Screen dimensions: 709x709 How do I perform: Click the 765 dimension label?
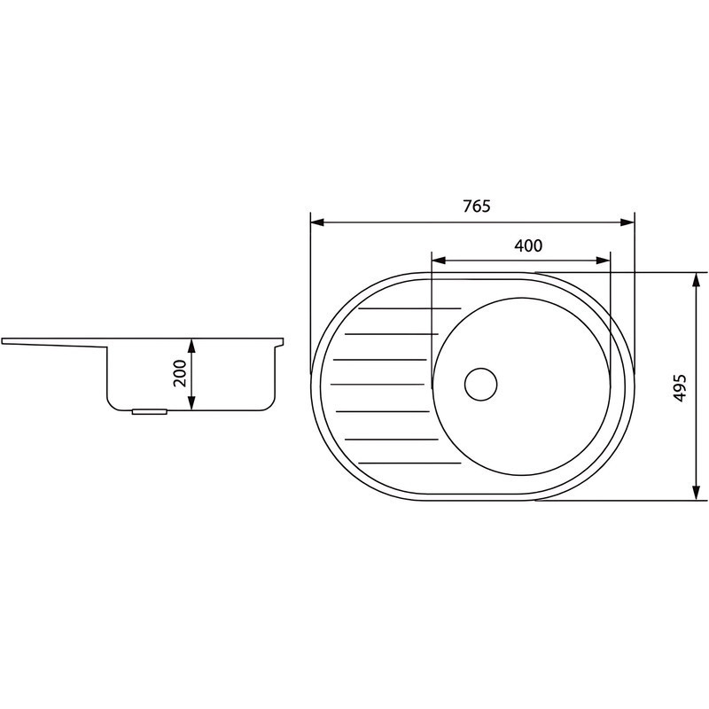pyautogui.click(x=477, y=206)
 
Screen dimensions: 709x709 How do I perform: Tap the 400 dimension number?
pyautogui.click(x=528, y=245)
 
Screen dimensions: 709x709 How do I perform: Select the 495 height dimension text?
pyautogui.click(x=680, y=387)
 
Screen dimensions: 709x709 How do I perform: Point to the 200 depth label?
pyautogui.click(x=180, y=373)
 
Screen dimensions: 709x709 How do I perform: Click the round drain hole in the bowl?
pyautogui.click(x=480, y=384)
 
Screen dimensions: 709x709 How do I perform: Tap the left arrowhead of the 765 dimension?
pyautogui.click(x=317, y=222)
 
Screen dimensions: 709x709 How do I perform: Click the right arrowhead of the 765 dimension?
pyautogui.click(x=627, y=222)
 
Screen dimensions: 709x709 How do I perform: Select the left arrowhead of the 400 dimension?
pyautogui.click(x=439, y=261)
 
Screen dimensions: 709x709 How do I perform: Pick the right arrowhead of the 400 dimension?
pyautogui.click(x=604, y=261)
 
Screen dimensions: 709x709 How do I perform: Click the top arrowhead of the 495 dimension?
pyautogui.click(x=697, y=280)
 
